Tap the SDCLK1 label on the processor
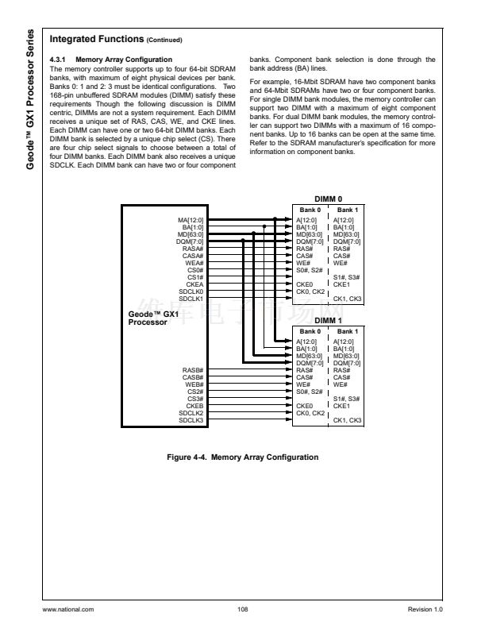pyautogui.click(x=192, y=298)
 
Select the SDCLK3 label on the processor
pyautogui.click(x=192, y=420)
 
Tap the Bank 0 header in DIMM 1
pyautogui.click(x=309, y=330)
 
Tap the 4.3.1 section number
pyautogui.click(x=57, y=60)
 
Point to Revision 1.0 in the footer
pyautogui.click(x=425, y=609)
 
